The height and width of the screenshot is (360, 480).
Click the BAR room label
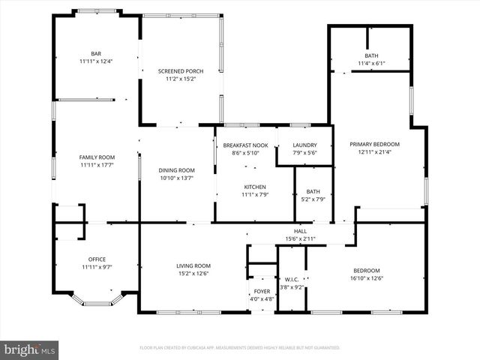(x=96, y=54)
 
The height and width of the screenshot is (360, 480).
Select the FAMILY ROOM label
(x=96, y=157)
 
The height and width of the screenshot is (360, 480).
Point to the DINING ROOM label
(x=177, y=170)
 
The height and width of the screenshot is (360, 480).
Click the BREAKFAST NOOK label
(x=245, y=145)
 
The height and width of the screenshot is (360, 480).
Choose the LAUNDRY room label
(x=304, y=145)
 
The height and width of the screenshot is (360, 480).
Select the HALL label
(x=300, y=231)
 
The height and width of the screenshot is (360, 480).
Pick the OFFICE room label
(x=96, y=259)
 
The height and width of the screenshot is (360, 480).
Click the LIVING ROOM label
(x=193, y=265)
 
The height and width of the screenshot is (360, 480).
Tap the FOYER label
(x=262, y=292)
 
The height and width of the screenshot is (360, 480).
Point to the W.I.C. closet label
(x=292, y=279)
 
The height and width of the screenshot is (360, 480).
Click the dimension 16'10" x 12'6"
(x=367, y=278)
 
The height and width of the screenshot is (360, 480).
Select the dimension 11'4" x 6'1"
(x=372, y=64)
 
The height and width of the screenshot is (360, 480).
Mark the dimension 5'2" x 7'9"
(x=313, y=199)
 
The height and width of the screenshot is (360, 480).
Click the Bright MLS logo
(x=30, y=349)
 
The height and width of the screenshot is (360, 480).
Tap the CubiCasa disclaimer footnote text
(x=240, y=348)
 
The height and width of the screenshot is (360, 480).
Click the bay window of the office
(x=95, y=301)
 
